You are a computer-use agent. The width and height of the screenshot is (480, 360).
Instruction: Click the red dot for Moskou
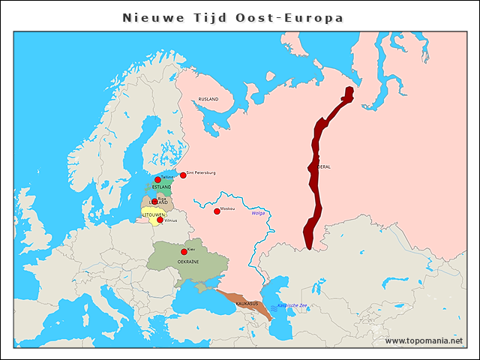point(217,211)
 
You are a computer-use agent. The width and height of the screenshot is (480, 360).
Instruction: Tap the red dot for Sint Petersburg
point(183,175)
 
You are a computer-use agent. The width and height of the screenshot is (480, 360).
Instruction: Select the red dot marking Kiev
point(184,252)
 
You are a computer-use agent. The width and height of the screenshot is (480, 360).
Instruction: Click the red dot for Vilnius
point(160,220)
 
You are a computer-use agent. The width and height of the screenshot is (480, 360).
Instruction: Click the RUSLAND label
point(208,100)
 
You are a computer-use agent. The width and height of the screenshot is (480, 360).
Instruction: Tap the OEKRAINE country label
point(187,262)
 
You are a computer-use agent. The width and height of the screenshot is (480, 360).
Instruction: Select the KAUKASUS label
point(247,304)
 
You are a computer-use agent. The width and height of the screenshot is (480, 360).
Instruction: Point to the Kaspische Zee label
point(292,306)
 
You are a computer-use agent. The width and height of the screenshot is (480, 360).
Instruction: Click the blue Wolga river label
point(258,214)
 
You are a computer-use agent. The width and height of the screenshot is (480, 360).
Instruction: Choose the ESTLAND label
point(161,187)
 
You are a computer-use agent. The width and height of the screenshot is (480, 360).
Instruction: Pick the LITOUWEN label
point(153,214)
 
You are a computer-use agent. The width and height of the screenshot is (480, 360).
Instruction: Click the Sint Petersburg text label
point(201,172)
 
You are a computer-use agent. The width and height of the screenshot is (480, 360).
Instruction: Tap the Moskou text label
point(228,208)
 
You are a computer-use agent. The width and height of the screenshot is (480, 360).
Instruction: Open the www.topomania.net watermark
point(424,340)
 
